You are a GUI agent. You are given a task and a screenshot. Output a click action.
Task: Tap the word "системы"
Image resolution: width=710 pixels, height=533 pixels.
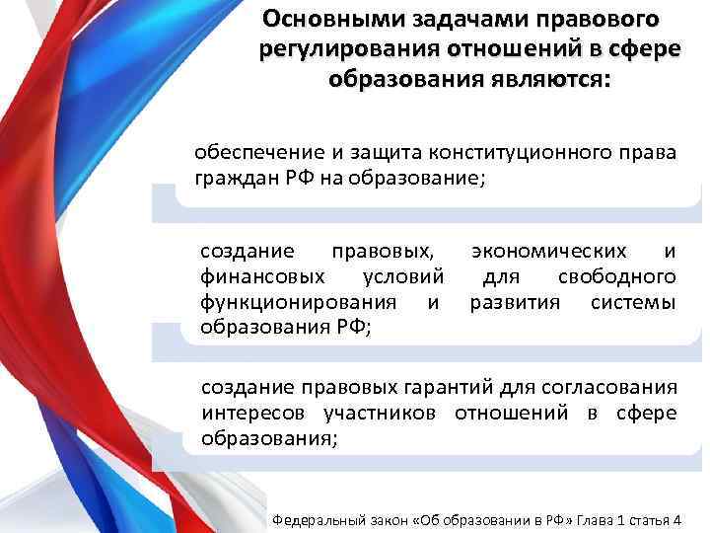634,301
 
